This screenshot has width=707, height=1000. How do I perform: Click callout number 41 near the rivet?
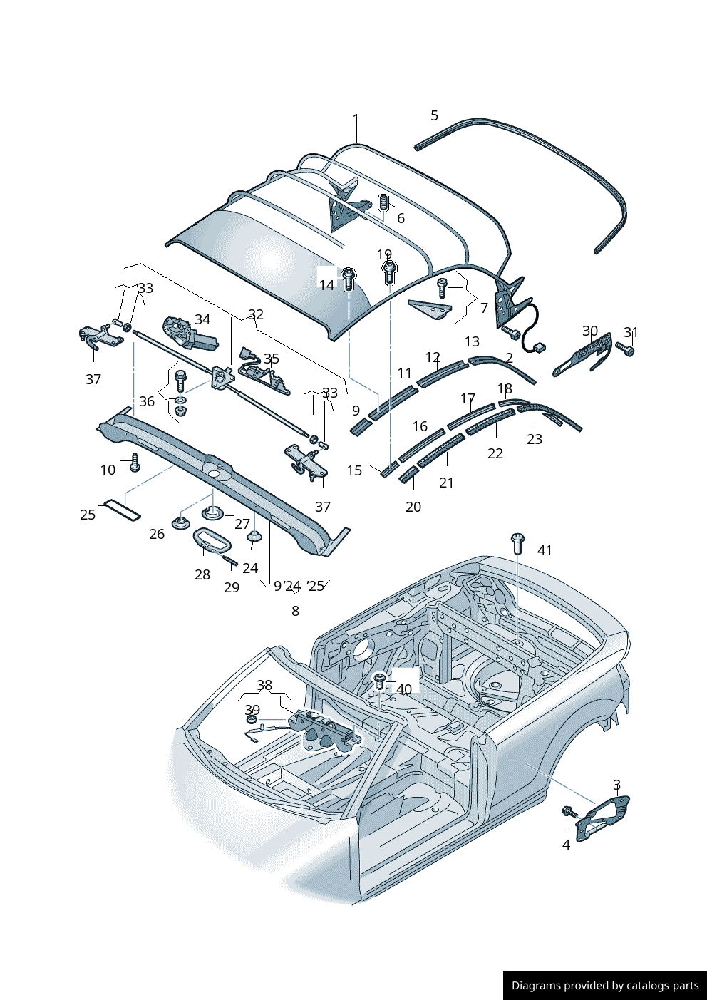click(545, 550)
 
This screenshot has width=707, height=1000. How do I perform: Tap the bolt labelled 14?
click(349, 280)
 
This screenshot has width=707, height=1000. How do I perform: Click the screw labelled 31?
click(625, 349)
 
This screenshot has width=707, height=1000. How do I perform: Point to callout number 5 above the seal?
click(434, 115)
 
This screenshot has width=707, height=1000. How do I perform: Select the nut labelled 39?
click(252, 719)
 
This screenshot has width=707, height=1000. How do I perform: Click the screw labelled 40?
click(379, 681)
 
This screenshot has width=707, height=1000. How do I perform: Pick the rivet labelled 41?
click(517, 543)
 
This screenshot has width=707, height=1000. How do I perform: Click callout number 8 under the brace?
click(296, 611)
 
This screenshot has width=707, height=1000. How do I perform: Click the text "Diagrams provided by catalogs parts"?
click(605, 985)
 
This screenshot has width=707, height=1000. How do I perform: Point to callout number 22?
click(495, 453)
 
